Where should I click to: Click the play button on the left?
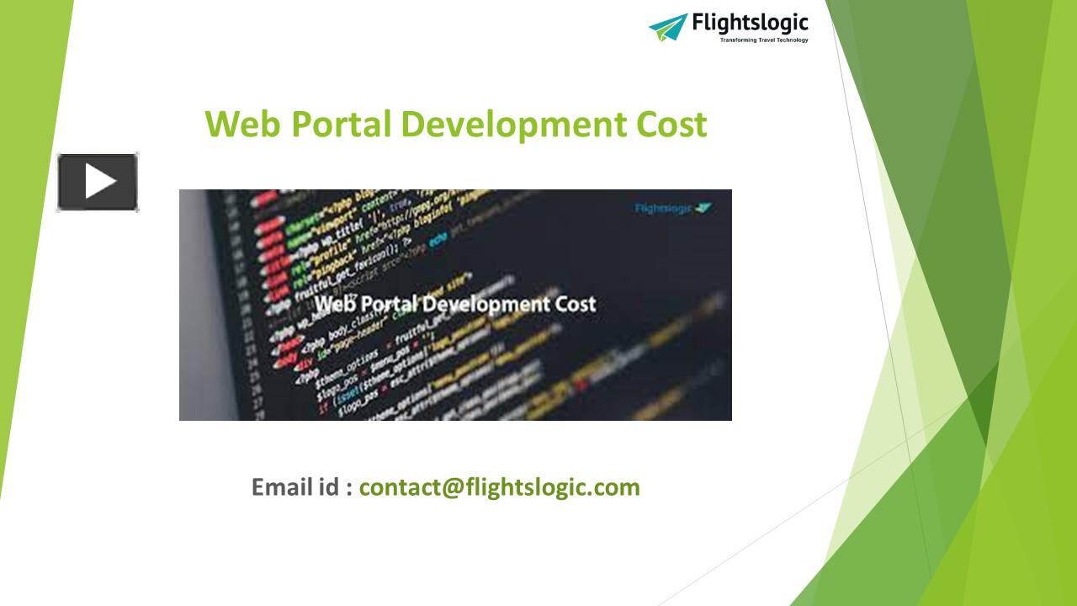click(x=98, y=182)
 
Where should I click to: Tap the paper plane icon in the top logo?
click(x=668, y=26)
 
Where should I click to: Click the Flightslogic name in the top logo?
click(x=750, y=23)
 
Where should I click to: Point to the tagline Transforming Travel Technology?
click(x=763, y=40)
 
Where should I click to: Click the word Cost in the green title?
click(x=671, y=125)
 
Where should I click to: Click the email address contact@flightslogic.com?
click(x=499, y=487)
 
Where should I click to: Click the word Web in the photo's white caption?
click(x=333, y=304)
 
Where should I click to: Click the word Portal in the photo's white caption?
click(x=386, y=304)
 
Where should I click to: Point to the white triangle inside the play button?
click(x=99, y=182)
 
